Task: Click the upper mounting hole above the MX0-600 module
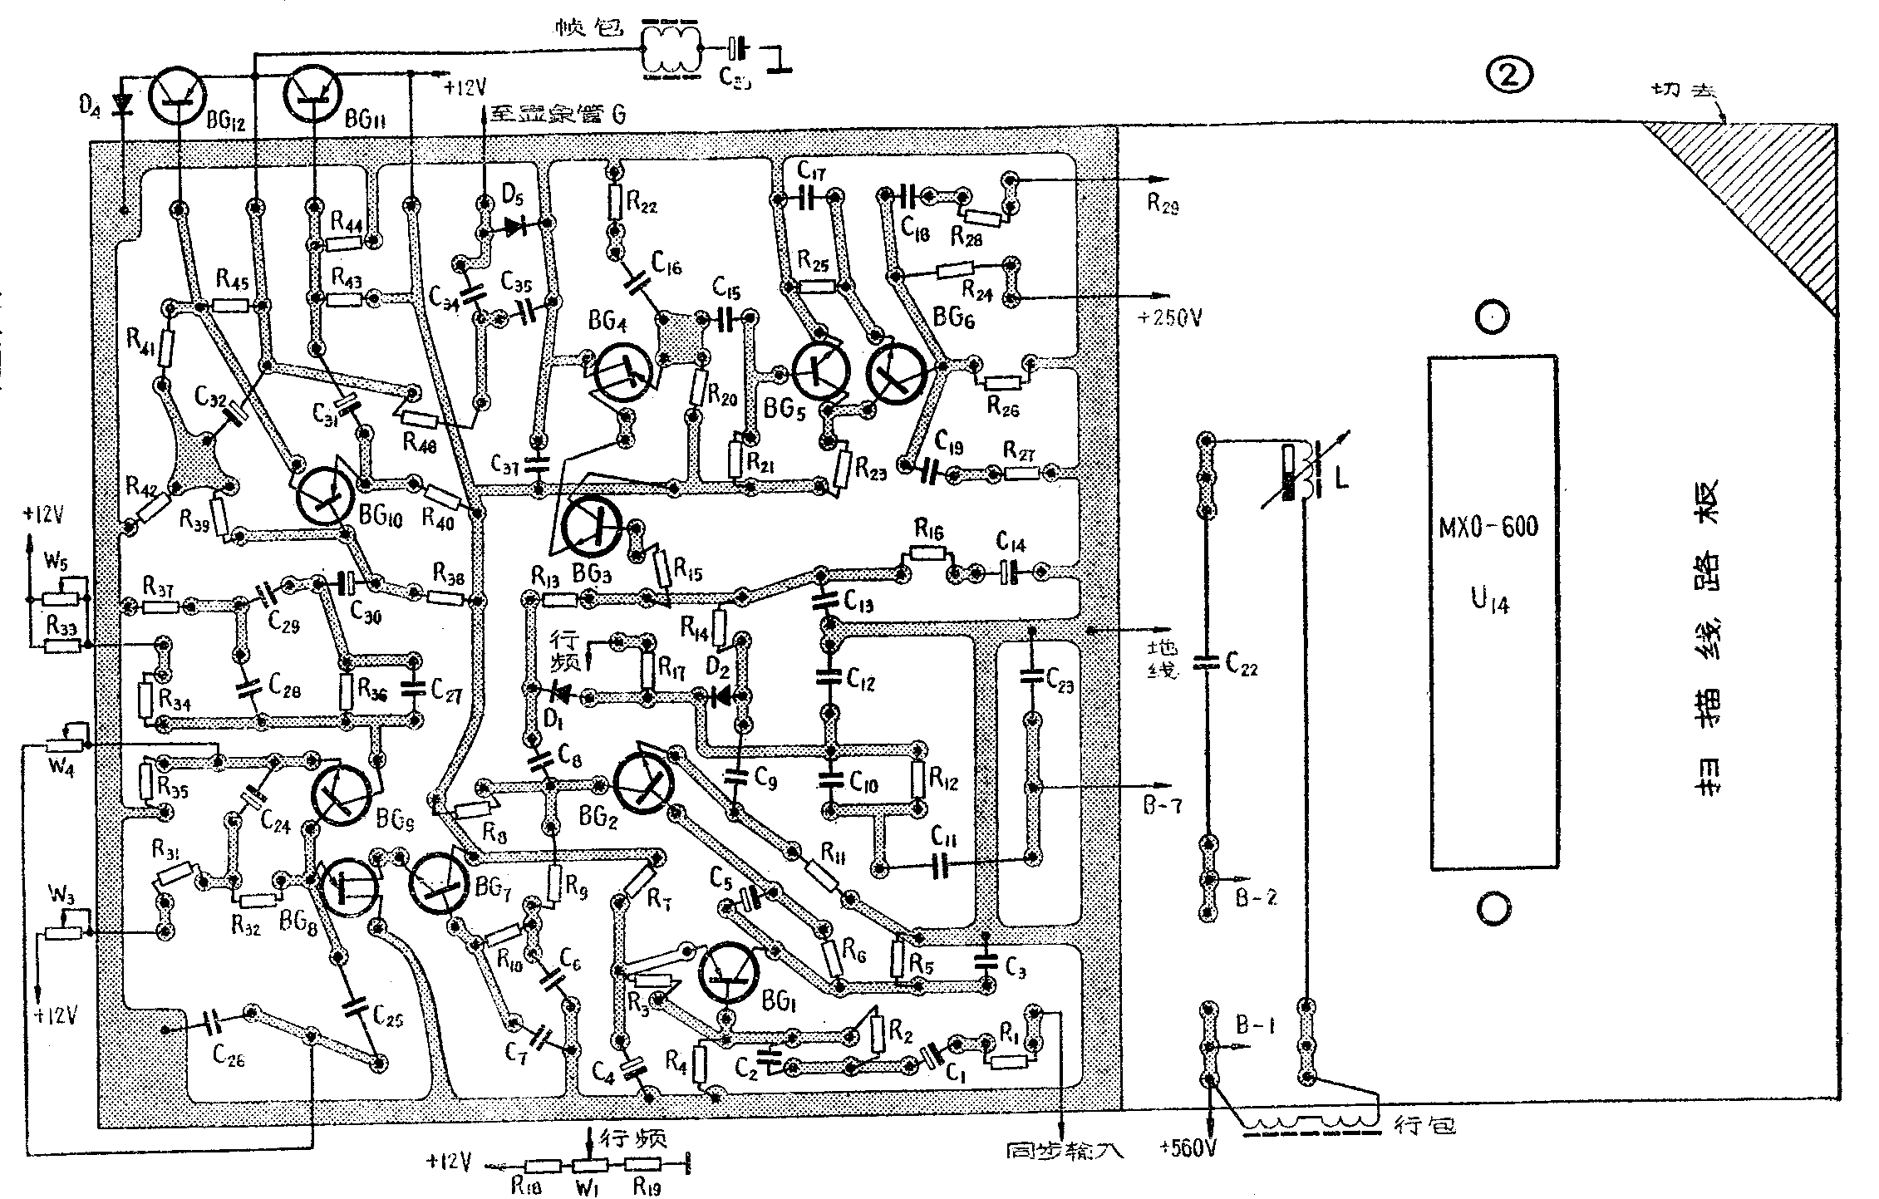click(x=1493, y=317)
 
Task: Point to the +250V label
click(x=1169, y=317)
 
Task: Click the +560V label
click(x=1188, y=1150)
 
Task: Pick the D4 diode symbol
click(x=125, y=104)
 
